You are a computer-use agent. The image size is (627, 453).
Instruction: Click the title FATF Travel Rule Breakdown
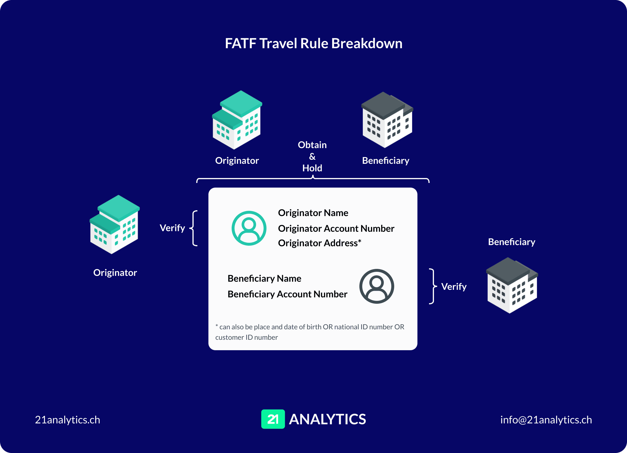coord(313,44)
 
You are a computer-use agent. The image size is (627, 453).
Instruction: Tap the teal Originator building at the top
coord(237,120)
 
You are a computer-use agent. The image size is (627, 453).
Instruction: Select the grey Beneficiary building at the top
coord(387,120)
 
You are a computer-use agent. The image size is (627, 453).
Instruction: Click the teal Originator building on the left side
coord(115,225)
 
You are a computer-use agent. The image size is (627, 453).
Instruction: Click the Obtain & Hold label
coord(312,157)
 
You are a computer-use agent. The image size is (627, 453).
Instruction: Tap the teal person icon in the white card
coord(249,228)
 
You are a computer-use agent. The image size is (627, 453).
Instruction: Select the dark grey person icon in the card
coord(376,286)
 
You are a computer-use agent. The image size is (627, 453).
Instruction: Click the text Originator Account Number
coord(336,229)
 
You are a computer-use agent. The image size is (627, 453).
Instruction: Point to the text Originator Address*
coord(319,243)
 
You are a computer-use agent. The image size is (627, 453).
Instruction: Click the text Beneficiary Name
coord(264,278)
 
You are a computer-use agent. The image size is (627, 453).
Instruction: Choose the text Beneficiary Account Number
coord(287,294)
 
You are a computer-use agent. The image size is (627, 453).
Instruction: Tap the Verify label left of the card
coord(172,228)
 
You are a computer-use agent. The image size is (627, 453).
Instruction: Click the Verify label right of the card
coord(454,287)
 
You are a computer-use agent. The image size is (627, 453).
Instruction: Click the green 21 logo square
coord(273,419)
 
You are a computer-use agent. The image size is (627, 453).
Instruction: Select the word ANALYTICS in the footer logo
coord(327,419)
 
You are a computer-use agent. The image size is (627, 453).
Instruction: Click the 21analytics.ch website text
coord(67,420)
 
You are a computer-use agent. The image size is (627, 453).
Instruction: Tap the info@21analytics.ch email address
coord(546,420)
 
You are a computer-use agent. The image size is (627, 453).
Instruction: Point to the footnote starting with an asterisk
coord(309,332)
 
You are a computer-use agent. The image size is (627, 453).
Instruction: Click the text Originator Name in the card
coord(313,213)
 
